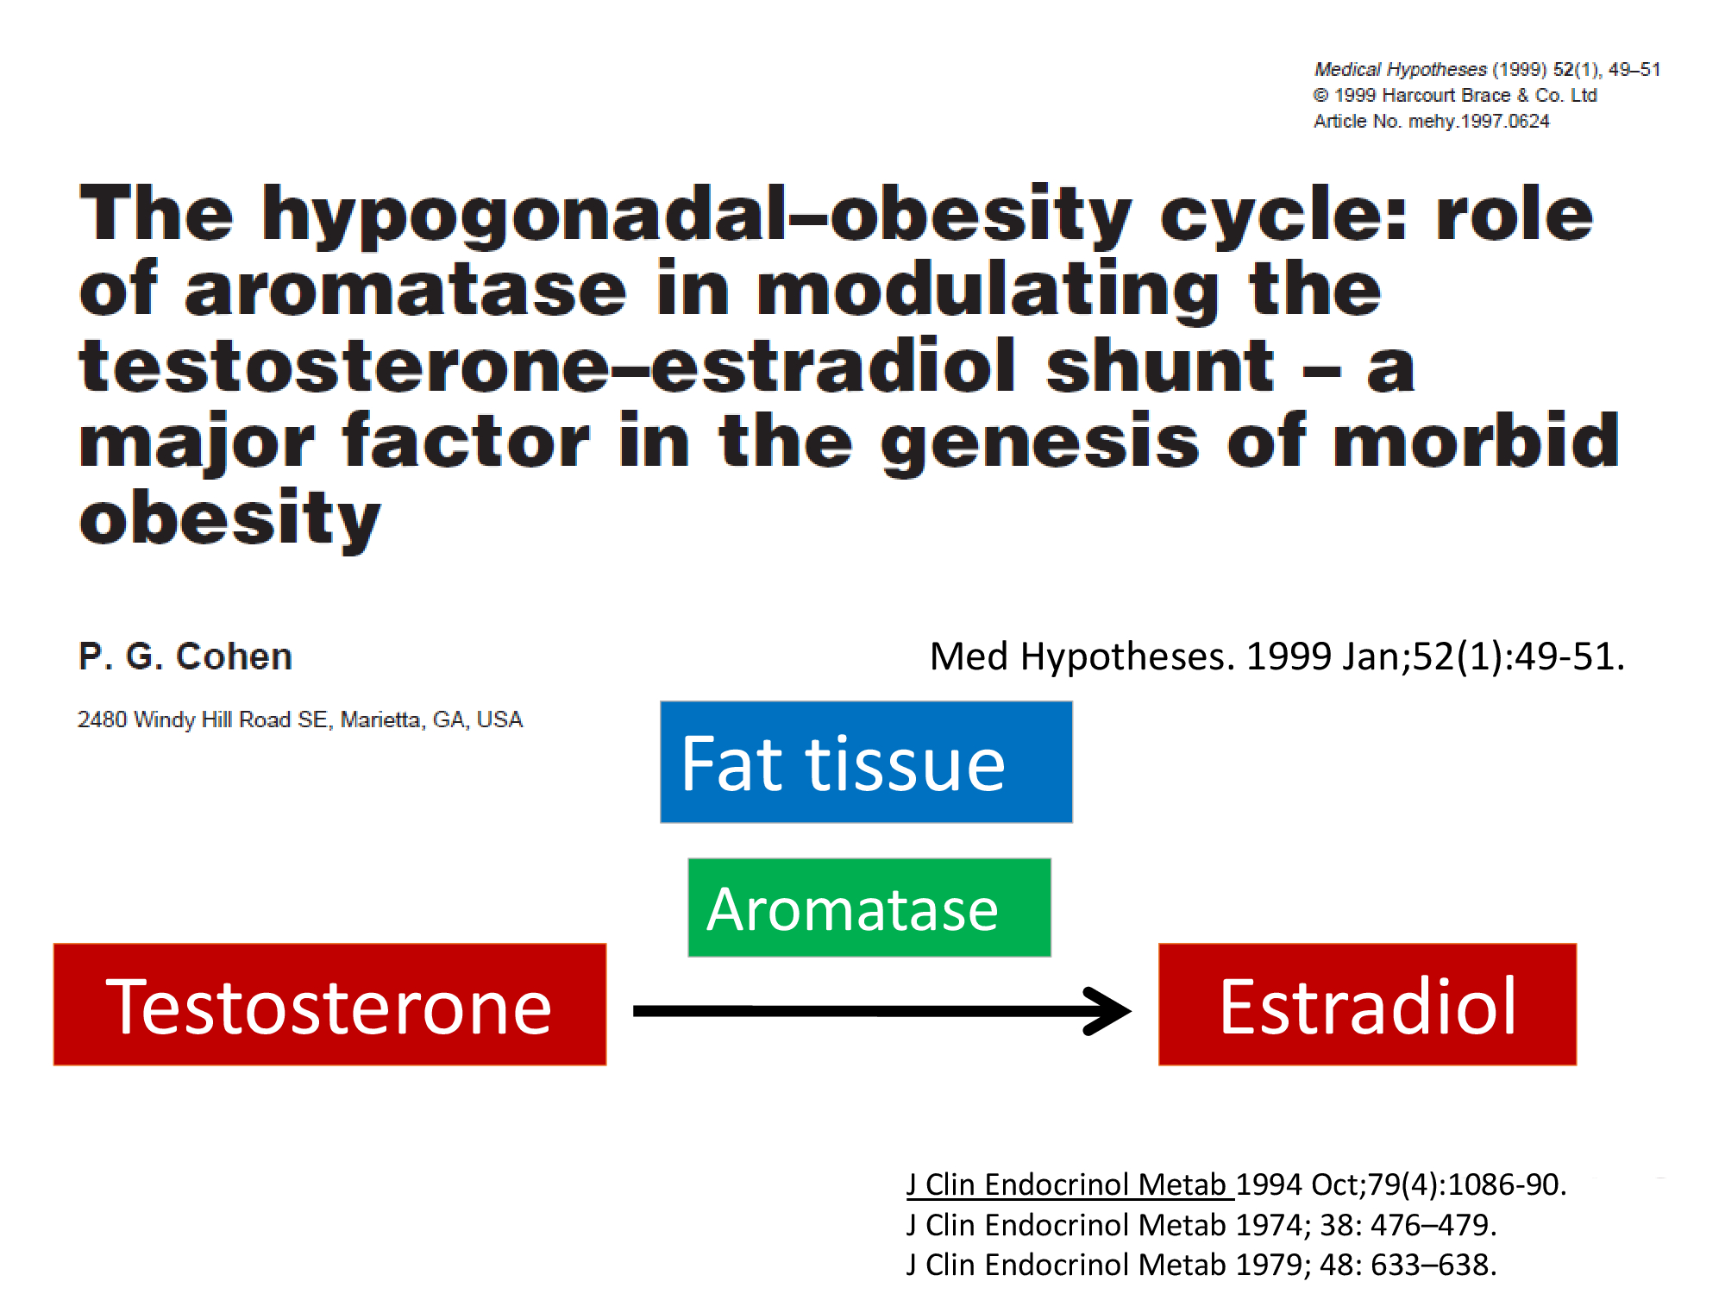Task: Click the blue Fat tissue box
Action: pos(866,762)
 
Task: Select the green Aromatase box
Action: pos(869,908)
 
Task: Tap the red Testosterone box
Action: pos(329,1004)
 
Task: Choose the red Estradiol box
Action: pos(1367,1004)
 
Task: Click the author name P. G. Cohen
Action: pos(185,656)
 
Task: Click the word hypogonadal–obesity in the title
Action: pos(697,215)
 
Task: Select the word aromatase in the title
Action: pos(405,290)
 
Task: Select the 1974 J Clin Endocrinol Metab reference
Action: pos(1201,1225)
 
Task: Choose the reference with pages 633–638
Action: pos(1201,1265)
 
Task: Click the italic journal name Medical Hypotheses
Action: pos(1401,69)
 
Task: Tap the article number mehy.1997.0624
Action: pos(1479,122)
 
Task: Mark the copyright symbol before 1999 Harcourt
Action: pos(1321,95)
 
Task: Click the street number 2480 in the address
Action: pos(102,719)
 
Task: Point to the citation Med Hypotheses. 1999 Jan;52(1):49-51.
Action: pos(1277,656)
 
